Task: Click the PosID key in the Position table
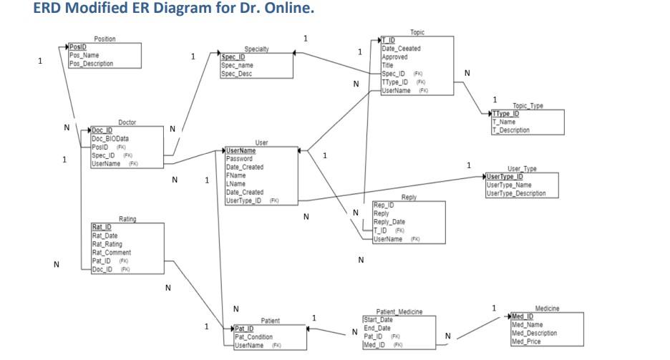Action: pos(77,45)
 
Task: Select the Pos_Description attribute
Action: pos(91,63)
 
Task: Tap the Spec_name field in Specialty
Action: pos(236,65)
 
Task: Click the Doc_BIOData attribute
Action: pos(109,139)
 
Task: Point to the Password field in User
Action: pos(239,159)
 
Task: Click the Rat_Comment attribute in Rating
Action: pos(112,252)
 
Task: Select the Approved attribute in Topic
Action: pos(395,57)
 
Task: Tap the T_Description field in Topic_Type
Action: pos(510,130)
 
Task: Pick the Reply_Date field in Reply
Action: pos(390,221)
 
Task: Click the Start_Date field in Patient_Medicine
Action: pos(379,320)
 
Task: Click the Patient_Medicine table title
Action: pos(399,313)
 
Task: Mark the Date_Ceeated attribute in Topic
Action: pos(401,48)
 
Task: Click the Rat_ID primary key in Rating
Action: pos(102,227)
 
